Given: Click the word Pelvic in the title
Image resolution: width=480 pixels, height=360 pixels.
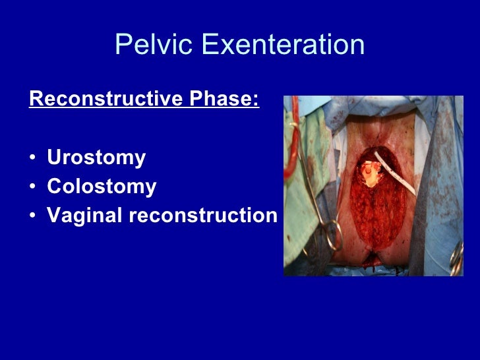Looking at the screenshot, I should click(x=154, y=45).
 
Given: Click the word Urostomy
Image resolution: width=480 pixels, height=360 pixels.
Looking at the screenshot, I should click(x=96, y=158).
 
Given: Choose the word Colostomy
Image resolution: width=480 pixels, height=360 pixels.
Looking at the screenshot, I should click(x=102, y=187).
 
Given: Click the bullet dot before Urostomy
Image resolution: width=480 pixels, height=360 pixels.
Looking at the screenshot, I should click(x=32, y=159).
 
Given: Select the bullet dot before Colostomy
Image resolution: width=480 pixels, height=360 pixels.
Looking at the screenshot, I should click(x=32, y=188).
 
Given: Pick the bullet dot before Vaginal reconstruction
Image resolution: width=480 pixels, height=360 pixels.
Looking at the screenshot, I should click(x=32, y=216).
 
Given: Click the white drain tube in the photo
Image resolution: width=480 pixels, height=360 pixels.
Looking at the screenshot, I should click(x=395, y=171).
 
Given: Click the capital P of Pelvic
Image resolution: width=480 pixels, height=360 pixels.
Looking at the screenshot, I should click(x=123, y=45).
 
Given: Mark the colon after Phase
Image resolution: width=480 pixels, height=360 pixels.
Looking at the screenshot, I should click(x=256, y=101).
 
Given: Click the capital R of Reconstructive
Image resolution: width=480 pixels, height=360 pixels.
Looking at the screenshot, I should click(x=36, y=100).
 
